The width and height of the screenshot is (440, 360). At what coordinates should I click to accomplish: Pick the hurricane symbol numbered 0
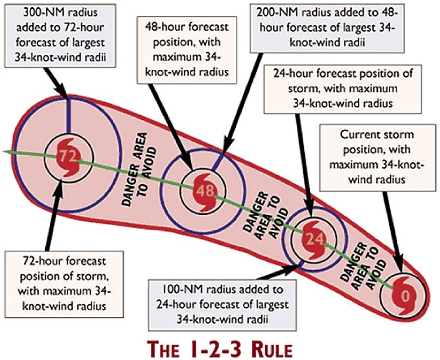tap(405, 295)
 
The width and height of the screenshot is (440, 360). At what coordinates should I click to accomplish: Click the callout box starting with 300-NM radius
tap(60, 36)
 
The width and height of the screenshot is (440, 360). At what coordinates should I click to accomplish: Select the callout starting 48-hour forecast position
tap(187, 50)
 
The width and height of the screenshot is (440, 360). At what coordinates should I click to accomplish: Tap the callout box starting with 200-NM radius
tap(327, 28)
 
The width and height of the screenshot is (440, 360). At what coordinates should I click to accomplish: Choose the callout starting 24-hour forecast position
tap(343, 89)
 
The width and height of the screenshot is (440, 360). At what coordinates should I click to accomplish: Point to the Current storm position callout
tap(378, 157)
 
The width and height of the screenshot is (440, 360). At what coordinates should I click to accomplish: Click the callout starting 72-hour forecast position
tap(65, 284)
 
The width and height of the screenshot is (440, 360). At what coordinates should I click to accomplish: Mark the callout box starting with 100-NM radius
tap(222, 305)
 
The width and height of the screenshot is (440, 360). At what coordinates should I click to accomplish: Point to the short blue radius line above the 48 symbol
tap(218, 162)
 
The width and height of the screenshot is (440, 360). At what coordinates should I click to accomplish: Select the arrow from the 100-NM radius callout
tap(280, 272)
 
